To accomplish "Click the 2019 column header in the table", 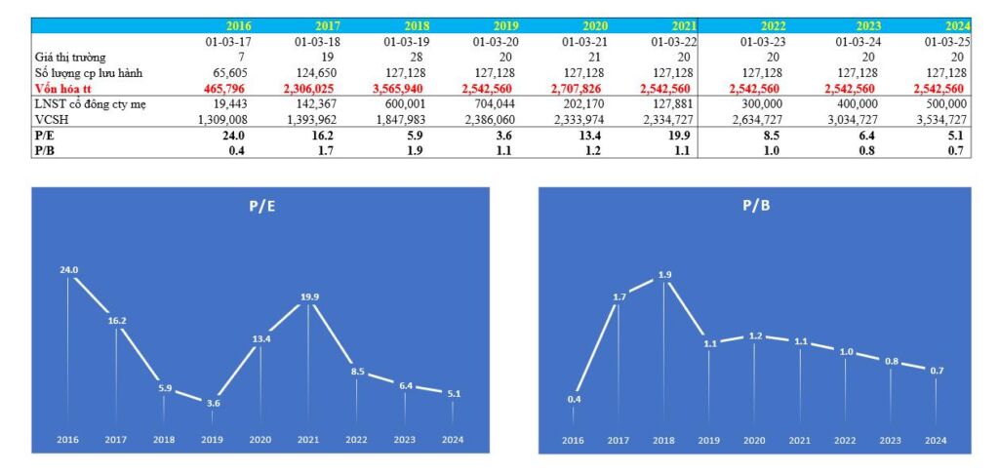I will (503, 25).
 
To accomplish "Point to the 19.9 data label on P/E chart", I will (308, 296).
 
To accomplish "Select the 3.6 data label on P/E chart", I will (212, 403).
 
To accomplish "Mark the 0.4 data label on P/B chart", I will (574, 399).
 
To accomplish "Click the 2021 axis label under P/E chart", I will (308, 440).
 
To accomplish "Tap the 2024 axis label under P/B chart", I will (935, 440).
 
